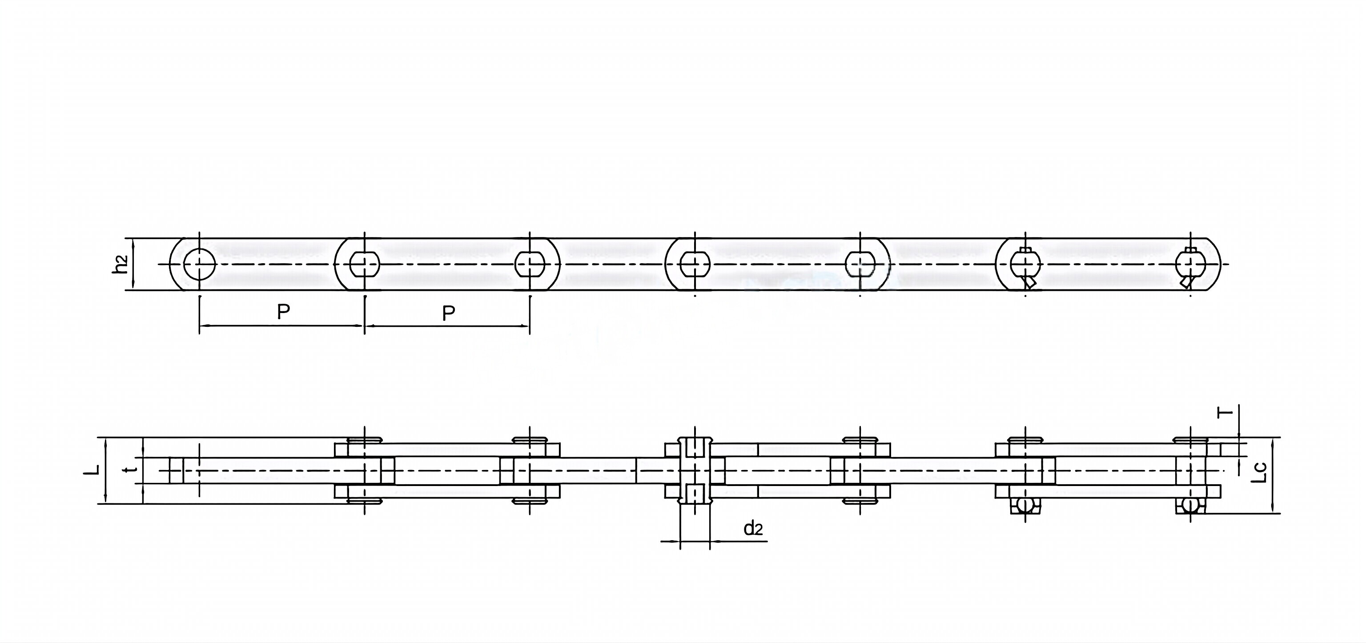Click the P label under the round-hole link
point(284,312)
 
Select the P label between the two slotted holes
point(449,313)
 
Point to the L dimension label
point(94,469)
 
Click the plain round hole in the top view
point(199,264)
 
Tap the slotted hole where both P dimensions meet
point(365,264)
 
